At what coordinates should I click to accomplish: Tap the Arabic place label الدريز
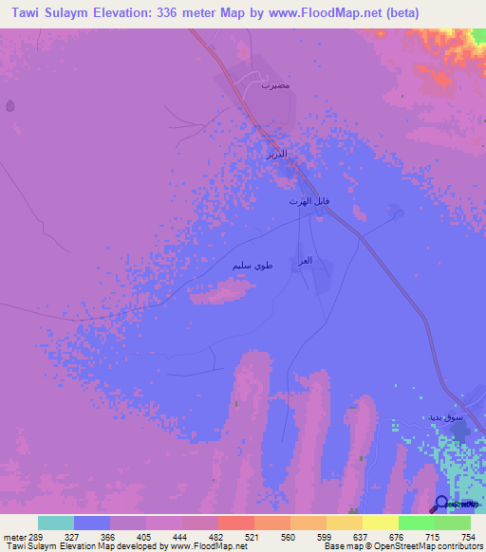[274, 153]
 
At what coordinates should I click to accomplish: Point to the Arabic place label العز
[307, 261]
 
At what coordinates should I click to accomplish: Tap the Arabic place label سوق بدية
[445, 417]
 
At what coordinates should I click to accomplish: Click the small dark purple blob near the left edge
[10, 105]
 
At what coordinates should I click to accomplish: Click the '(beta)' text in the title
[399, 13]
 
